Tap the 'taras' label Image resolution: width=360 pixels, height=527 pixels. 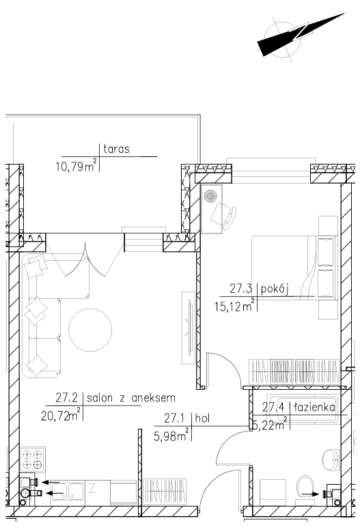pos(116,149)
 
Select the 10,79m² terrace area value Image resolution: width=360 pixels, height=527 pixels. pos(77,165)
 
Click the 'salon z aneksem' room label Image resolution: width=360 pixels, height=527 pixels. pos(131,398)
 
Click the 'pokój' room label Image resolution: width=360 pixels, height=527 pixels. pos(275,289)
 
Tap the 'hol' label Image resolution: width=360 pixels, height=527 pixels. pos(202,418)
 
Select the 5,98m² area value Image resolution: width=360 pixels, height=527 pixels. pos(171,435)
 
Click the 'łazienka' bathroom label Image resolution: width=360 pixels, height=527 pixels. pos(315,408)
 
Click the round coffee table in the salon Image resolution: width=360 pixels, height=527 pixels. pos(90,330)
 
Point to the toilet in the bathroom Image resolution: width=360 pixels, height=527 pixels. pos(305,489)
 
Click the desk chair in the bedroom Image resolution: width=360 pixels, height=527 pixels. pos(224,216)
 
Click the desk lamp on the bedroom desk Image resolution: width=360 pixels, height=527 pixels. pos(210,196)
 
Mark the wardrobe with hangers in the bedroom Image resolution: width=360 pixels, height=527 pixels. pos(294,372)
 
